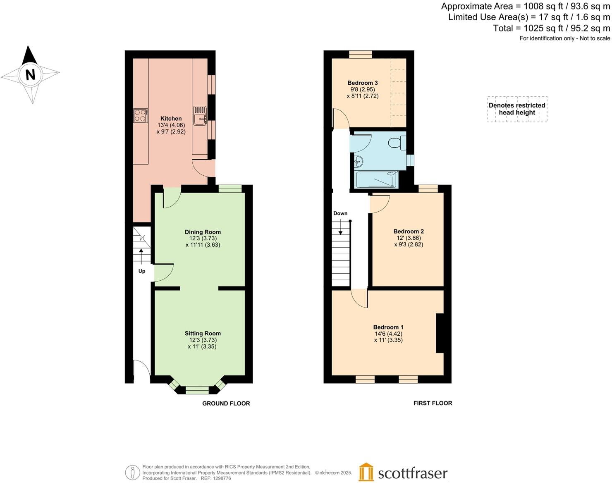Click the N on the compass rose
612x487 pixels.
coord(30,75)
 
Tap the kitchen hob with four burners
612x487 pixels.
coord(141,115)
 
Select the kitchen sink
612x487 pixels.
coord(200,115)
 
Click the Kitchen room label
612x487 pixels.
coord(171,119)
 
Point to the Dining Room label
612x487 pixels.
coord(203,232)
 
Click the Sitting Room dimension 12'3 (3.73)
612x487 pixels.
coord(203,340)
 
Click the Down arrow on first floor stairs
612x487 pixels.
coord(340,227)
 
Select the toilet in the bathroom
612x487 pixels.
coord(397,143)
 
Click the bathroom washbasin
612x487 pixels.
coord(358,161)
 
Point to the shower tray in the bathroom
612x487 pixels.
coord(377,180)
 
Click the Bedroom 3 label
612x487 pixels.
coord(362,83)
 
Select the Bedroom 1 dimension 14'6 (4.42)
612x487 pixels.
coord(388,334)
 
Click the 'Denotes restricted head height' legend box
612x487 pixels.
coord(517,109)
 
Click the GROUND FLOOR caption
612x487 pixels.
coord(226,403)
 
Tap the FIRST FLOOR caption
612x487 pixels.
coord(433,403)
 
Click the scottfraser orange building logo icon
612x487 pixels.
coord(366,472)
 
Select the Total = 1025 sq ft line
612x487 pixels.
coord(551,28)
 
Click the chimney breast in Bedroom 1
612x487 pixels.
coord(440,333)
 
